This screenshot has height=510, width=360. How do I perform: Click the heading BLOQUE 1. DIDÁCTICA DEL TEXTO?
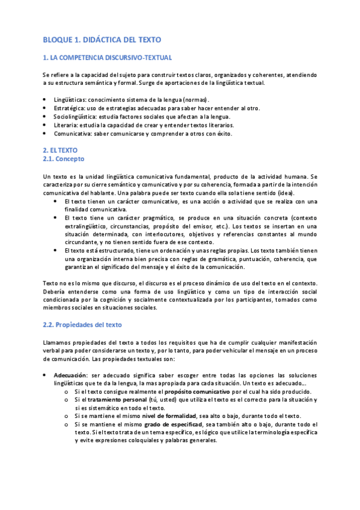(102, 40)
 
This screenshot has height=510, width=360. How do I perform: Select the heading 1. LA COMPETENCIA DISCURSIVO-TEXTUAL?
(107, 58)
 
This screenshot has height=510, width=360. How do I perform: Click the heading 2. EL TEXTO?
(60, 149)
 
